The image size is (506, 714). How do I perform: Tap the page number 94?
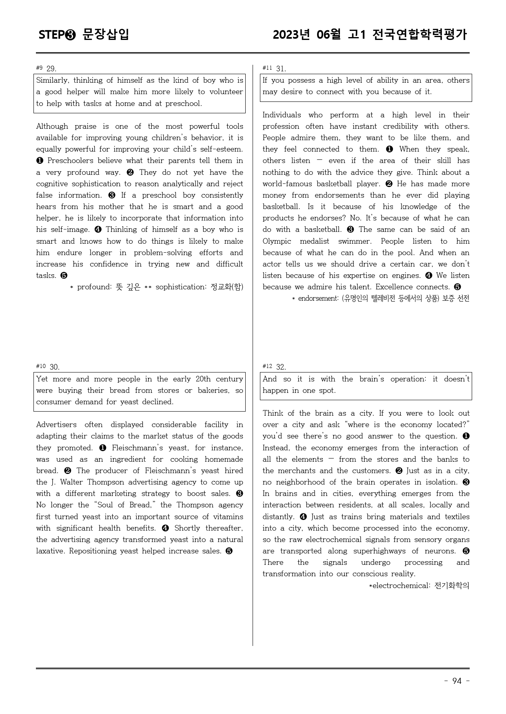pos(457,681)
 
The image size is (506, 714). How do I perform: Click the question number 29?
pos(51,68)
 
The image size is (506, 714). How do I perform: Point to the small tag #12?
pos(267,366)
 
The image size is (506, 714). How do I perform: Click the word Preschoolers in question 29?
pos(70,161)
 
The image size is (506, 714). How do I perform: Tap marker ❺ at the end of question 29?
pos(64,275)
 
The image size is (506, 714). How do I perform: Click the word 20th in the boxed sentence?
pos(203,379)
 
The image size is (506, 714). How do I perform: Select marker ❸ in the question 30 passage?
pos(240,494)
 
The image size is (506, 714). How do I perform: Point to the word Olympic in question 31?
pos(277,241)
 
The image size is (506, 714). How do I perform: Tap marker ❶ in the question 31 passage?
pos(389,149)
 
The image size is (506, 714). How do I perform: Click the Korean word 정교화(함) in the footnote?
pos(226,287)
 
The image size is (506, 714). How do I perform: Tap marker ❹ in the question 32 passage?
pos(303,517)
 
